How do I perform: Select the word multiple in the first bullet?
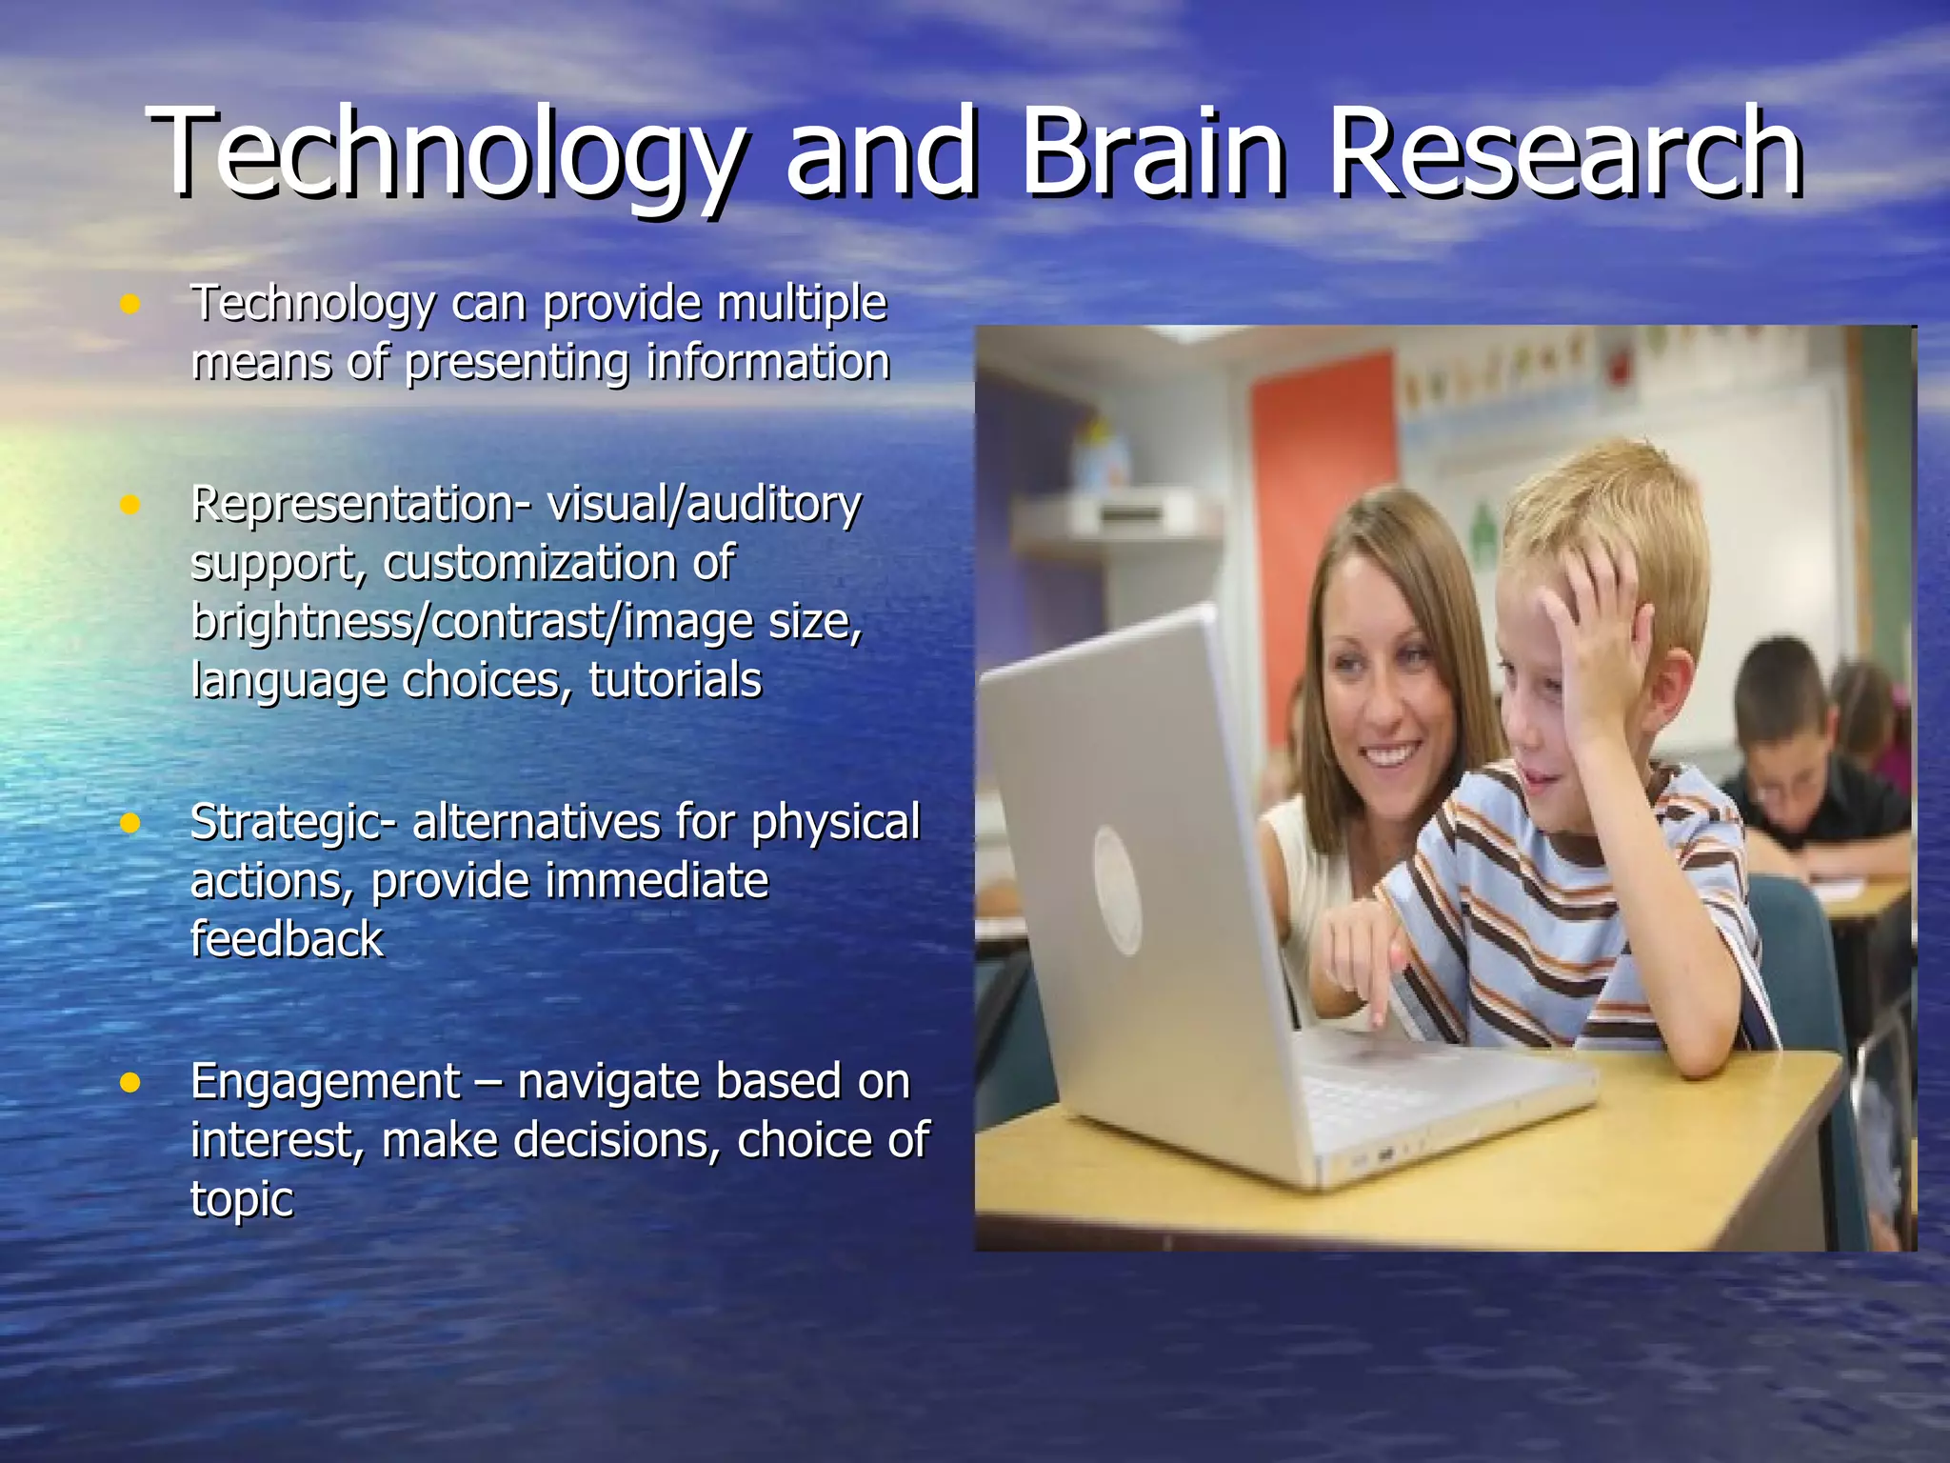tap(802, 305)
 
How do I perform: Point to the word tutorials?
tap(675, 681)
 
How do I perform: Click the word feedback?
tap(287, 939)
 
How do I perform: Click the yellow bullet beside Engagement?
tap(130, 1083)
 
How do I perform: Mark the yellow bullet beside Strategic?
tap(130, 823)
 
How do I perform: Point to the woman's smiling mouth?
tap(1389, 756)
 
